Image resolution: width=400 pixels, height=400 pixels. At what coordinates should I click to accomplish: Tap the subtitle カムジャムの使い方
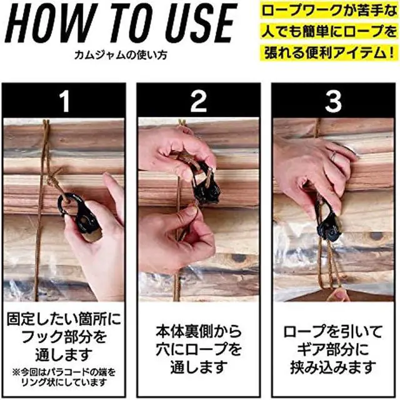point(121,54)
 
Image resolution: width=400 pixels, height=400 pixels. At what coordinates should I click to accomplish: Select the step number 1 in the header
point(65,102)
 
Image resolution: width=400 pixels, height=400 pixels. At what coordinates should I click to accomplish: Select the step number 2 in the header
point(199,102)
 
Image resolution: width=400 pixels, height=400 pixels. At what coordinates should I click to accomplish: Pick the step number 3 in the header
point(333,102)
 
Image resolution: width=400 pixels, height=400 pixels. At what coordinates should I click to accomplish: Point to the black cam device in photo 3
point(327,219)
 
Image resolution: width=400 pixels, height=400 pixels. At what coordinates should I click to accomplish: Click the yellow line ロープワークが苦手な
point(329,11)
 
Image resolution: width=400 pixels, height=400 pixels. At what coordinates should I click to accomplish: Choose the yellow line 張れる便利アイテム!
point(329,53)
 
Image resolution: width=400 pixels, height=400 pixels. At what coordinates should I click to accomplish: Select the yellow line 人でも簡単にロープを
point(329,32)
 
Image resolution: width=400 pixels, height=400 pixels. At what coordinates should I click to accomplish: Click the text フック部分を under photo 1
point(64,336)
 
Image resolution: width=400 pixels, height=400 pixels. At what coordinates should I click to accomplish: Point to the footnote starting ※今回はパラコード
point(64,377)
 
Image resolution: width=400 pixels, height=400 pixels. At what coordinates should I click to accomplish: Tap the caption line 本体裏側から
point(199,331)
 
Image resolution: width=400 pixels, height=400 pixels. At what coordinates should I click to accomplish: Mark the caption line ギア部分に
point(333,349)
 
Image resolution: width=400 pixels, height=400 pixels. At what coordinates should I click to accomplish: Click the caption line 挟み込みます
point(333,367)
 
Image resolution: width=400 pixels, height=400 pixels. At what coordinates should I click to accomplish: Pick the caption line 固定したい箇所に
point(64,319)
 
